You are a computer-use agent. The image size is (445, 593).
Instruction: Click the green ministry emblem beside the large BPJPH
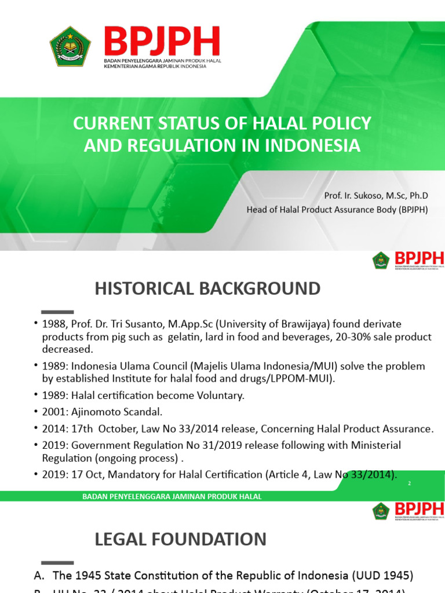pyautogui.click(x=70, y=46)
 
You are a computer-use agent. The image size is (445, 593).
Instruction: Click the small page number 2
pyautogui.click(x=409, y=483)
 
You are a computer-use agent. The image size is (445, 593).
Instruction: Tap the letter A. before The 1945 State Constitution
pyautogui.click(x=41, y=576)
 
